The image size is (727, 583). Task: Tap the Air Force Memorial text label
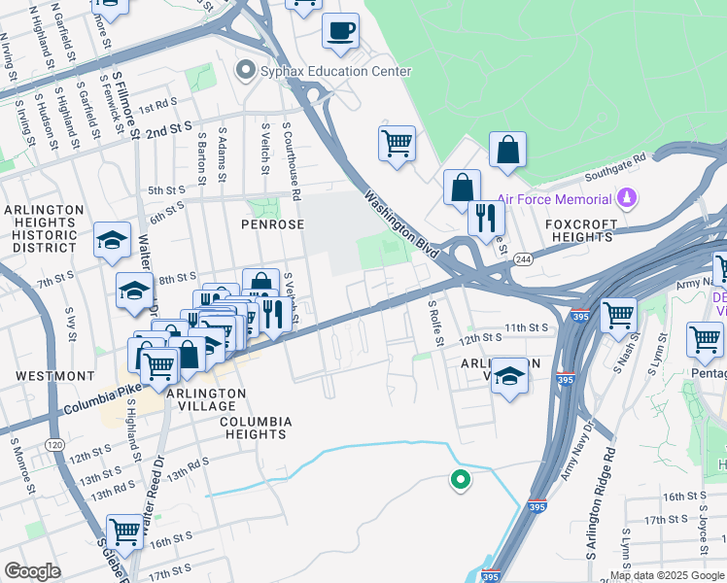point(553,199)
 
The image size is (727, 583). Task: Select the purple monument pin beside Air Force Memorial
point(627,199)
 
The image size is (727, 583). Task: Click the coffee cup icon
point(340,31)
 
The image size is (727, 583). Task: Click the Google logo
point(32,571)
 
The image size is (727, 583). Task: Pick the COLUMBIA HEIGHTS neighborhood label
point(255,428)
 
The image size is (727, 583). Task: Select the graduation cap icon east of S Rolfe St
point(508,375)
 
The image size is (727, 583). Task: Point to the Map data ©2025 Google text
point(667,575)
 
